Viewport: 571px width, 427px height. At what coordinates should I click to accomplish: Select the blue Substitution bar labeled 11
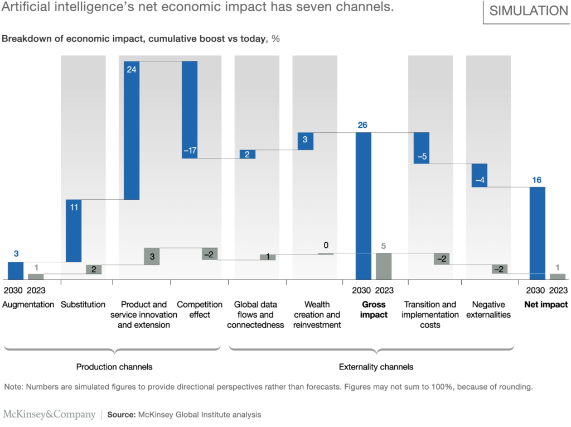pyautogui.click(x=74, y=231)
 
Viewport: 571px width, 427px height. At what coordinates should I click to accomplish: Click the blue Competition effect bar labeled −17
pyautogui.click(x=190, y=109)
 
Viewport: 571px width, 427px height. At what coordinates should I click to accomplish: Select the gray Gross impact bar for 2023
pyautogui.click(x=384, y=266)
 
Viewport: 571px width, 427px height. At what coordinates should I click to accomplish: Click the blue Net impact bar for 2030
pyautogui.click(x=537, y=233)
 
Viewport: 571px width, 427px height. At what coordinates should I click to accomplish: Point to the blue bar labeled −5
pyautogui.click(x=422, y=148)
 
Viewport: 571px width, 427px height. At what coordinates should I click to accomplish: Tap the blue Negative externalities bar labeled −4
pyautogui.click(x=480, y=175)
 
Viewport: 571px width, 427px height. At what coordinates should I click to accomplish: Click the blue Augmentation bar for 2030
pyautogui.click(x=16, y=271)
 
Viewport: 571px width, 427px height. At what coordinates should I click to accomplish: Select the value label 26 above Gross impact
pyautogui.click(x=362, y=125)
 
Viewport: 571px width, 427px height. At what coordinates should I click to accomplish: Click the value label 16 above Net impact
pyautogui.click(x=536, y=180)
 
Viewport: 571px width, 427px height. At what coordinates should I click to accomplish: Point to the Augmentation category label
pyautogui.click(x=28, y=305)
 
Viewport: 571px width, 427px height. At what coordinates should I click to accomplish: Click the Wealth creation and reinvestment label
pyautogui.click(x=317, y=315)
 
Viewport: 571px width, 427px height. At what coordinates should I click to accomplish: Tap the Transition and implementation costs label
pyautogui.click(x=430, y=315)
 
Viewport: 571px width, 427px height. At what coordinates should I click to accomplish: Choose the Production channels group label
pyautogui.click(x=114, y=367)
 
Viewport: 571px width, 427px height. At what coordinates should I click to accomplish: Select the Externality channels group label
pyautogui.click(x=376, y=367)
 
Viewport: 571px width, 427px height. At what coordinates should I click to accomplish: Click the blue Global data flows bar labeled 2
pyautogui.click(x=248, y=155)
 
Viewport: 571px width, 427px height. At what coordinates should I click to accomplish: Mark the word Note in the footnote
pyautogui.click(x=13, y=386)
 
